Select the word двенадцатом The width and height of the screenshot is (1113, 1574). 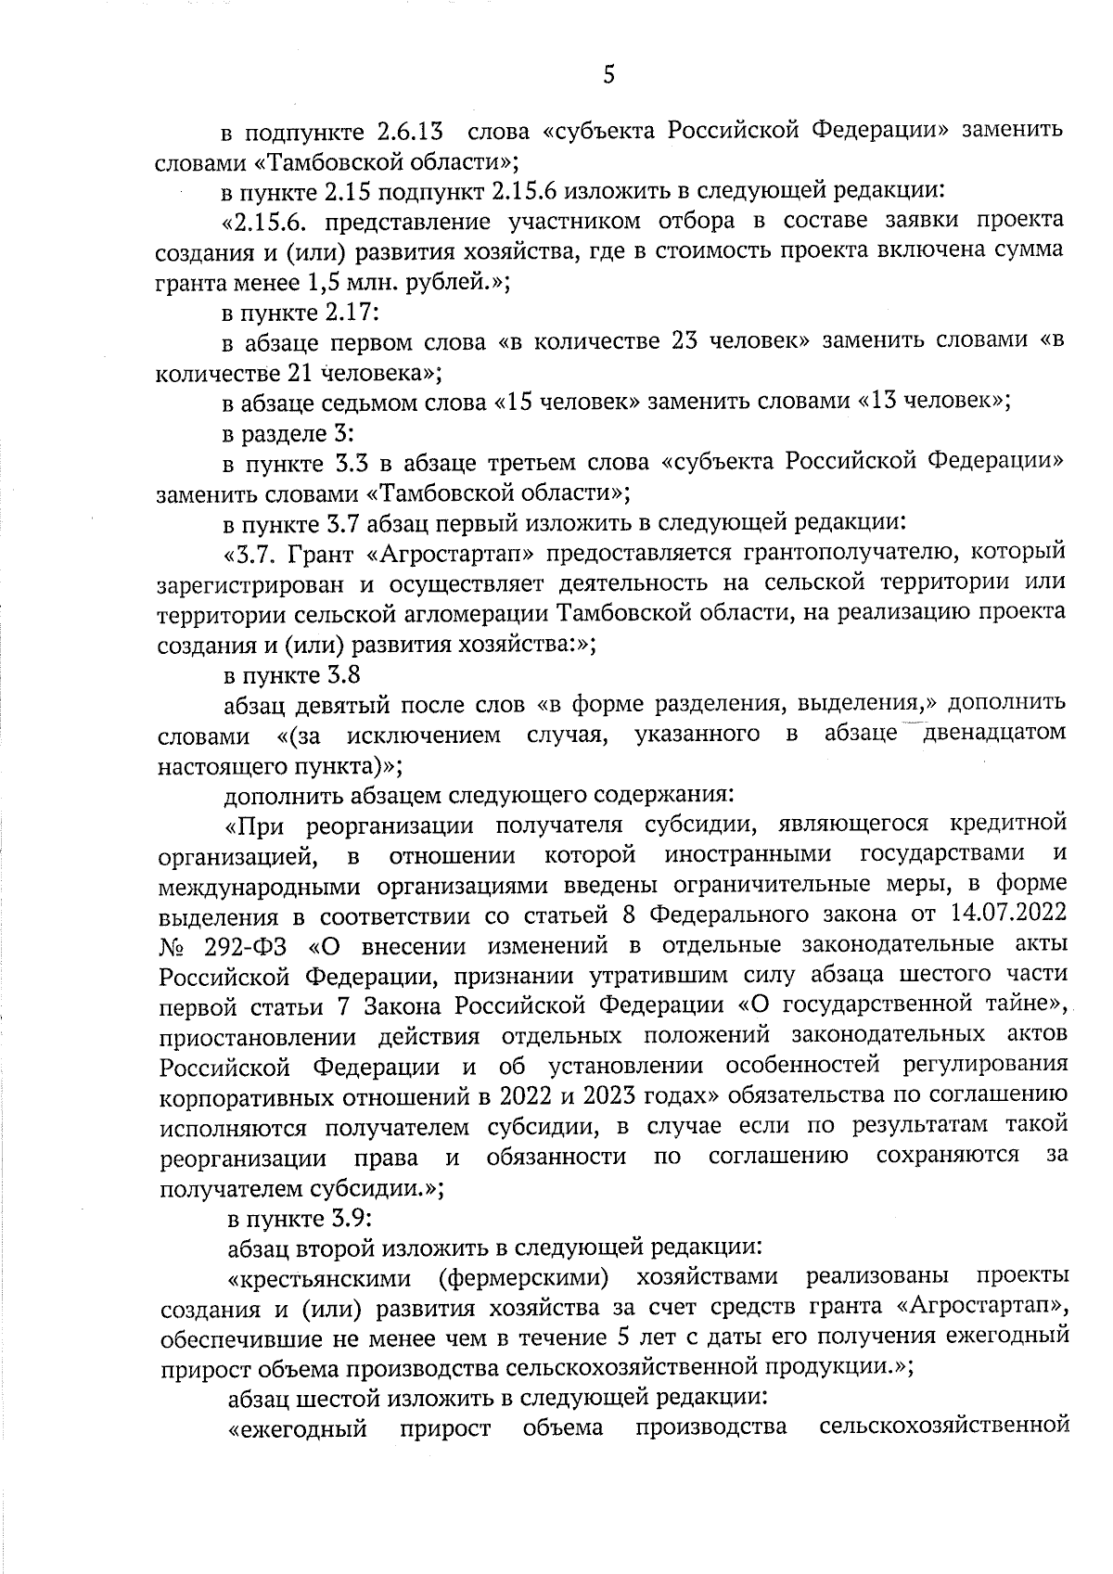[x=987, y=736]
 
